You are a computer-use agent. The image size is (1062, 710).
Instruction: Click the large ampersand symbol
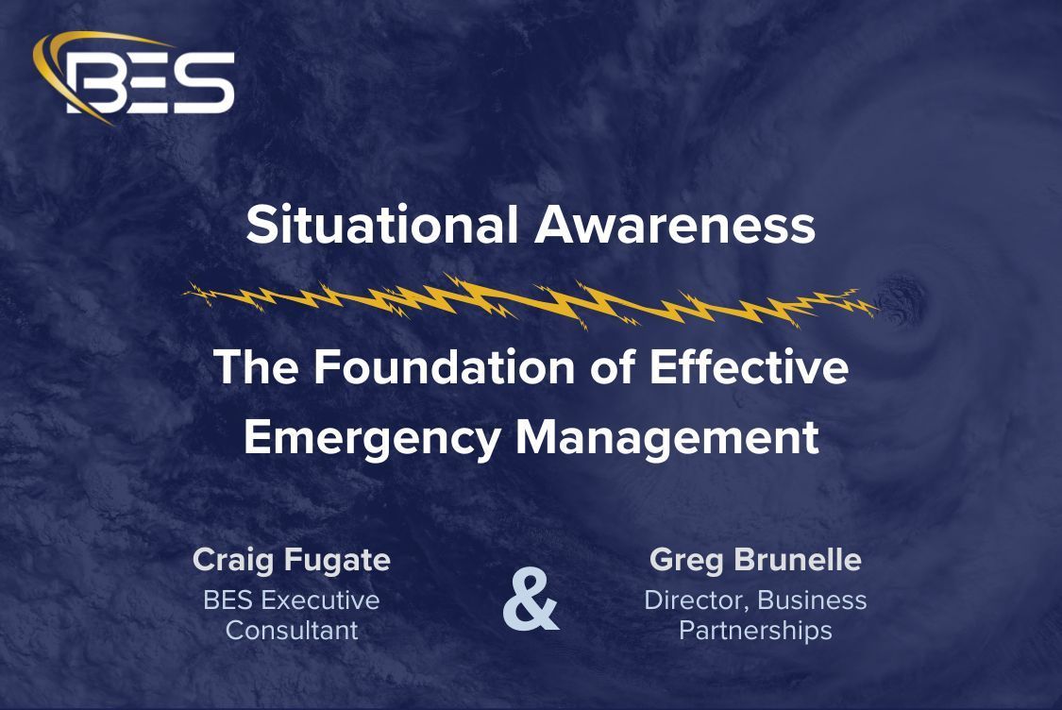[531, 600]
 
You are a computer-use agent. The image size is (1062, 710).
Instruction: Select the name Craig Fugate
[292, 560]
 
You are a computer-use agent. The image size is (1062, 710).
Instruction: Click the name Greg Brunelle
[755, 560]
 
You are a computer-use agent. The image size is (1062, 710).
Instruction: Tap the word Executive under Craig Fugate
[320, 600]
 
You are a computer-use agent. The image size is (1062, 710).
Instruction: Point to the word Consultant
[292, 630]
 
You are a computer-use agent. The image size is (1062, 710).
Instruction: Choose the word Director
[696, 600]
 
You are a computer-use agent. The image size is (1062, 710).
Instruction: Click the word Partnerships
[755, 630]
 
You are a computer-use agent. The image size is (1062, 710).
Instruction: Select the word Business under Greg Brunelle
[812, 600]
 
